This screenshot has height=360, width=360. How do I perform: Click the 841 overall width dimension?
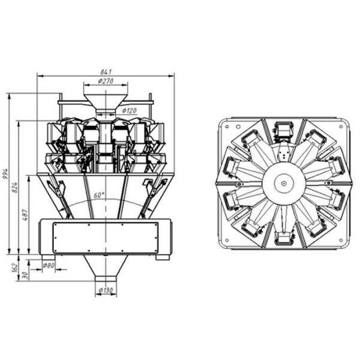[106, 71]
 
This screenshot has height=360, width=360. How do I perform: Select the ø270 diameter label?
[107, 80]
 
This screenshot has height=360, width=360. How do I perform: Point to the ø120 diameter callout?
[130, 110]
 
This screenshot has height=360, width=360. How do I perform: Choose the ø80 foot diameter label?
[49, 264]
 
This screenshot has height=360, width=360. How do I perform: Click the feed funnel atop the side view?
[106, 99]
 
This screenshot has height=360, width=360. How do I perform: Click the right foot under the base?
[163, 258]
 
